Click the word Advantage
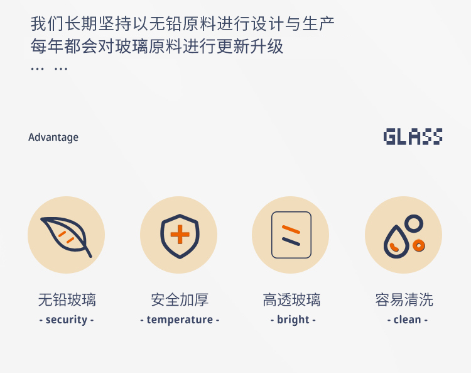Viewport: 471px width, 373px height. pos(53,138)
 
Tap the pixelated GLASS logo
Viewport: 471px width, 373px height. pos(413,136)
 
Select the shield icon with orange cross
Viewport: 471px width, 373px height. pos(180,236)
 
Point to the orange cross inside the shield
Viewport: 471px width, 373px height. pos(180,234)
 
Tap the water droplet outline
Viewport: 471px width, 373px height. pos(396,242)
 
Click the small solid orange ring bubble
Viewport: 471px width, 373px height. pos(419,245)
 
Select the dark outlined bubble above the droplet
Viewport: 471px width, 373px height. pos(414,223)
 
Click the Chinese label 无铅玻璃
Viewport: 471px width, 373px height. pos(67,299)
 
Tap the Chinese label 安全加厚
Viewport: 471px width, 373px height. pos(180,299)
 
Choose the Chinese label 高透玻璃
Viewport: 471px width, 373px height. pos(291,299)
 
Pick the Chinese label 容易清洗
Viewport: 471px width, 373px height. pos(404,299)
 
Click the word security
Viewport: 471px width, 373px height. pos(67,320)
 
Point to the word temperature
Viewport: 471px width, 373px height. pos(180,320)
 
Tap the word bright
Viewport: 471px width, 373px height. pos(293,320)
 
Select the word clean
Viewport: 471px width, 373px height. pos(408,320)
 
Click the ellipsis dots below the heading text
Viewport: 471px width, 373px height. pos(49,69)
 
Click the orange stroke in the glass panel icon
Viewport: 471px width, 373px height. pos(291,229)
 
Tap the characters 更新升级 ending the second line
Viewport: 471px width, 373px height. pos(250,47)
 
